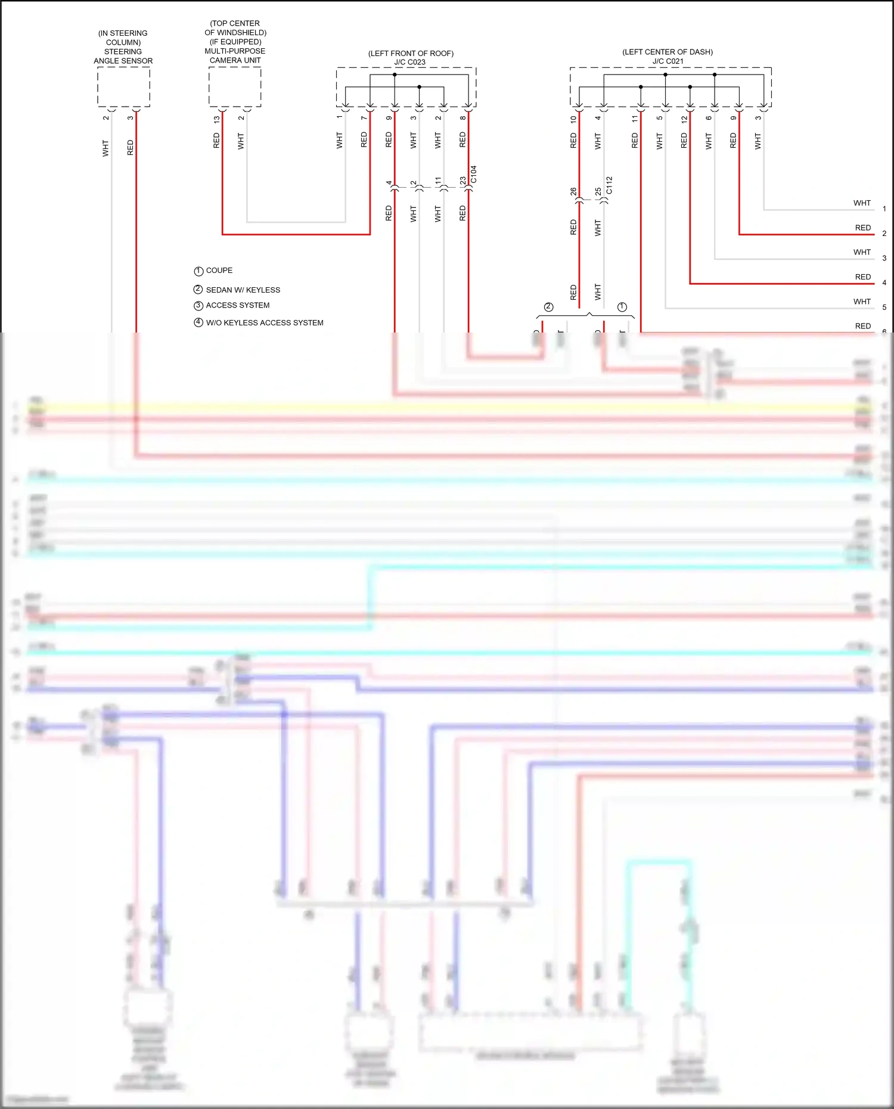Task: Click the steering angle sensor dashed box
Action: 123,87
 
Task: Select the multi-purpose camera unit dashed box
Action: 235,87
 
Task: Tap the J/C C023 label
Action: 409,62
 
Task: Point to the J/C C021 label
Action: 668,61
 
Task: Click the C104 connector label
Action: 474,175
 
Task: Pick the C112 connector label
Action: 609,185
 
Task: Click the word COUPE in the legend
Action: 219,271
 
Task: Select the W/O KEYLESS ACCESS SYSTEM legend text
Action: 265,323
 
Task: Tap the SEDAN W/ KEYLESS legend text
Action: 243,290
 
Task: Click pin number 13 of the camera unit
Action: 216,119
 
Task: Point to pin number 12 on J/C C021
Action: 684,119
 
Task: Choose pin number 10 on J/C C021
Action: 573,119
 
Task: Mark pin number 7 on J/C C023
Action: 364,118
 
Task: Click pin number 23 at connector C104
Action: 463,181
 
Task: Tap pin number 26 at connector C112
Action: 573,191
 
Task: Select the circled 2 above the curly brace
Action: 549,307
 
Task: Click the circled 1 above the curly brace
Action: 622,307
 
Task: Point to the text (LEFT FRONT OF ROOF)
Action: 411,54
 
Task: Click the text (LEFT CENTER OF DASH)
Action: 668,52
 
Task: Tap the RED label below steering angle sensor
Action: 131,148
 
